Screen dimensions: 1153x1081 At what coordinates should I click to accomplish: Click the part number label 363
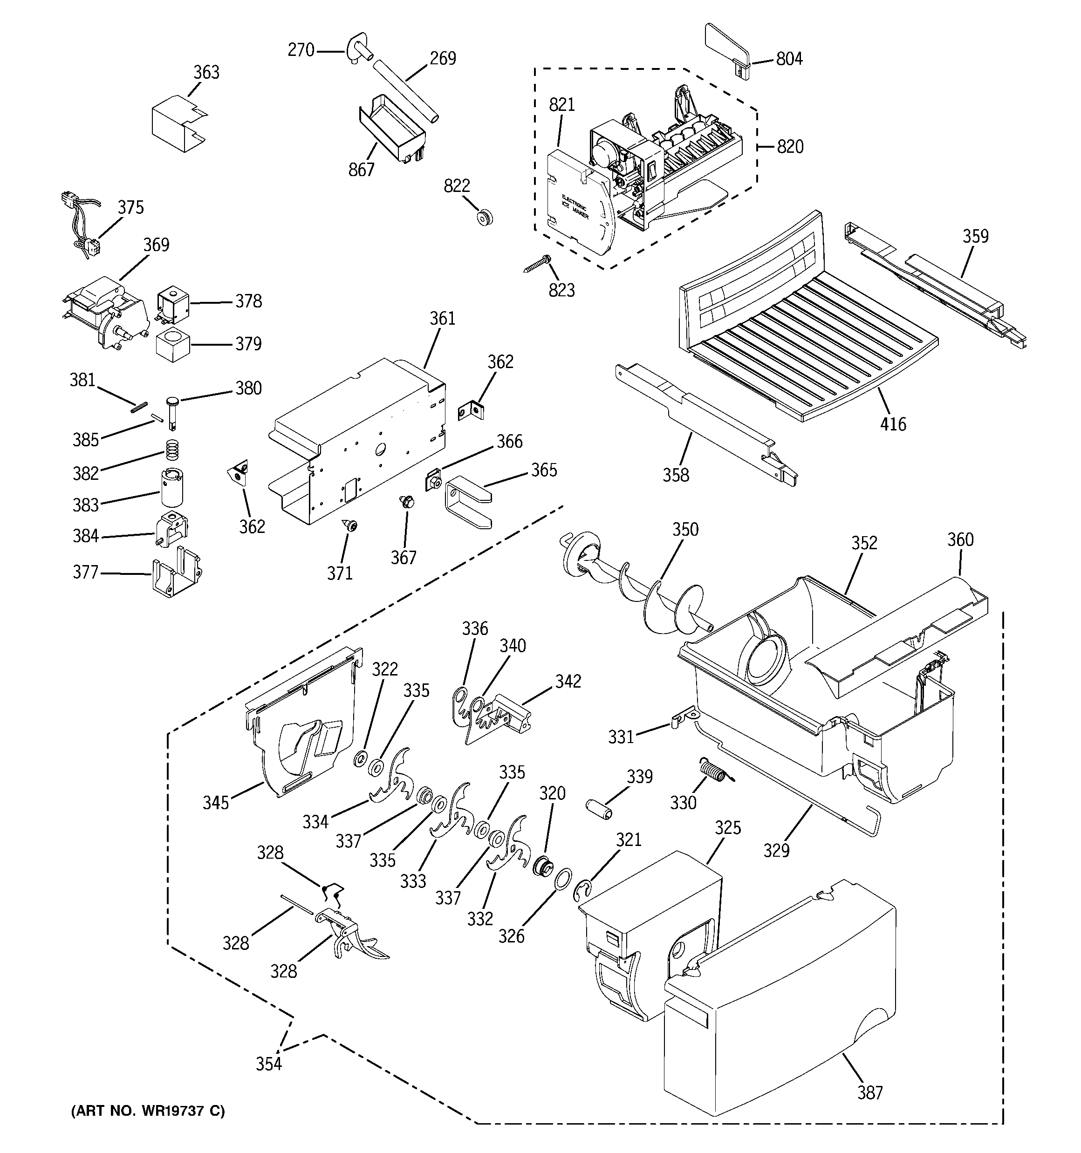pyautogui.click(x=206, y=73)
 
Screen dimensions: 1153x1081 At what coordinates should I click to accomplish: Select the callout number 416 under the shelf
pyautogui.click(x=892, y=424)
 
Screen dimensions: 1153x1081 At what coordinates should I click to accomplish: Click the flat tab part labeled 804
pyautogui.click(x=725, y=43)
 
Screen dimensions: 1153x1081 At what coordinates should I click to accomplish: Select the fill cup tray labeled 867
pyautogui.click(x=392, y=128)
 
